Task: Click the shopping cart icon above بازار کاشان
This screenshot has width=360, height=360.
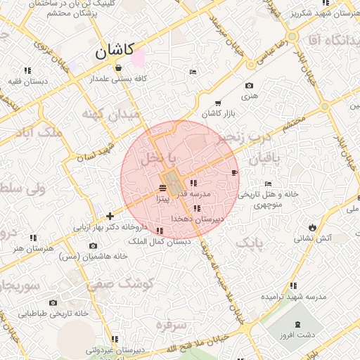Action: click(x=217, y=103)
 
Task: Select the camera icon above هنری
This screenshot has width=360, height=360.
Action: click(x=249, y=86)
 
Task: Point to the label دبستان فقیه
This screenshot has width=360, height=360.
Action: click(x=29, y=81)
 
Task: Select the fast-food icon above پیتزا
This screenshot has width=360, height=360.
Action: click(x=163, y=187)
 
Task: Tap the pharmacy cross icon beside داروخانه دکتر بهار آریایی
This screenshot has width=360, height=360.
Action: click(x=110, y=216)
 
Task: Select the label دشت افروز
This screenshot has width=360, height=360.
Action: click(x=302, y=336)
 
